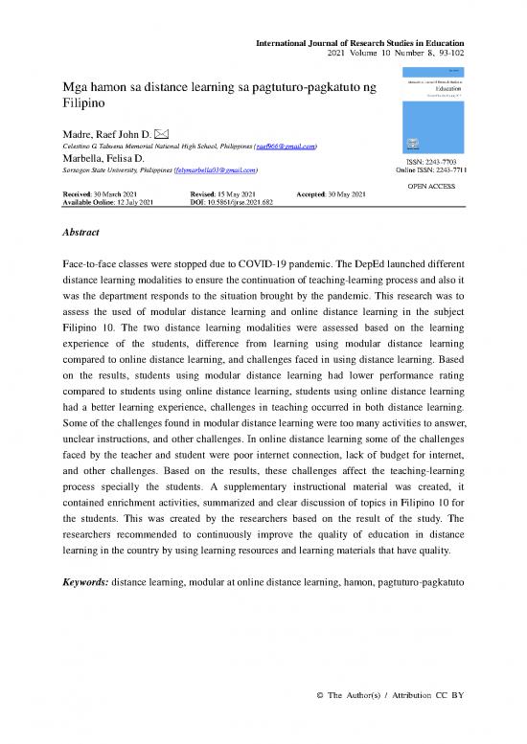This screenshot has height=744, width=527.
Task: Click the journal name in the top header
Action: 359,44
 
